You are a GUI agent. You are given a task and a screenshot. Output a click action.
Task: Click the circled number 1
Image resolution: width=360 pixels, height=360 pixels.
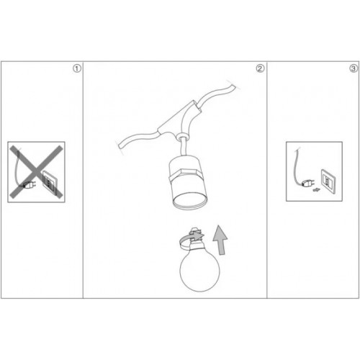[x=77, y=68]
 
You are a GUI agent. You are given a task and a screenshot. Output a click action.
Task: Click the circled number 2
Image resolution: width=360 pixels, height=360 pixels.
[x=260, y=68]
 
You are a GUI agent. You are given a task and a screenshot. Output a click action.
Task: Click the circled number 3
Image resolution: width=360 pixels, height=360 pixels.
[x=353, y=68]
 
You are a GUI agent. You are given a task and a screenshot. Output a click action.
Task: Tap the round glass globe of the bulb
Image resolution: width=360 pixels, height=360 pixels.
[x=199, y=271]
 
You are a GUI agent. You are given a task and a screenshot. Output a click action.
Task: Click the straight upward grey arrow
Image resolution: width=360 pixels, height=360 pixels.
[x=220, y=240]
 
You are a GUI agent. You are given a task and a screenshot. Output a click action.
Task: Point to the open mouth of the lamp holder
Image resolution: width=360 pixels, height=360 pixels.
[x=189, y=199]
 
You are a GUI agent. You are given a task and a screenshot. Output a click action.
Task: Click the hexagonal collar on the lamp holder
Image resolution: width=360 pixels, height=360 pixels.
[x=184, y=176]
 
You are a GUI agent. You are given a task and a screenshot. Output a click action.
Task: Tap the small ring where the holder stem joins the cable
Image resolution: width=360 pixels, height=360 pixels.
[x=181, y=137]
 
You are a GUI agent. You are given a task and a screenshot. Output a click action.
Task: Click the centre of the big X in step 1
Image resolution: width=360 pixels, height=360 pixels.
[x=36, y=172]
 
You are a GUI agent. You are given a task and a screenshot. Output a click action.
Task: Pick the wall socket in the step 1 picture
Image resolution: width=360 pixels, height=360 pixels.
[x=50, y=180]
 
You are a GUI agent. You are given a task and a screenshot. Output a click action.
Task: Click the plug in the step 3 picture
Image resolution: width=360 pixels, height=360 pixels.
[x=307, y=184]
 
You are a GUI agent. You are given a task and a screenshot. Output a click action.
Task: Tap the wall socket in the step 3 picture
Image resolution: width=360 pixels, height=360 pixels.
[x=328, y=181]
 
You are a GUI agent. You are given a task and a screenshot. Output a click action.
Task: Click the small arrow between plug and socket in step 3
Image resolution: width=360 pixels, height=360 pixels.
[x=316, y=190]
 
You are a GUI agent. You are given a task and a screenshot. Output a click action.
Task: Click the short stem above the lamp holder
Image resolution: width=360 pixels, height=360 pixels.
[x=184, y=148]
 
